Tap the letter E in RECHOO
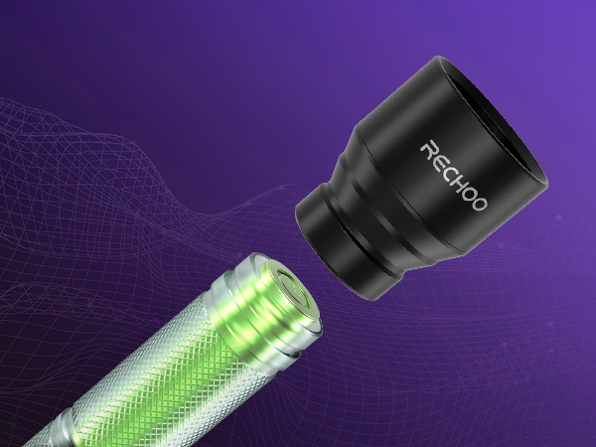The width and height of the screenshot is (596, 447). coord(439,160)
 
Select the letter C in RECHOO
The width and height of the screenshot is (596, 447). coord(449,171)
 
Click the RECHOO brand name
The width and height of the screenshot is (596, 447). coord(454,176)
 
